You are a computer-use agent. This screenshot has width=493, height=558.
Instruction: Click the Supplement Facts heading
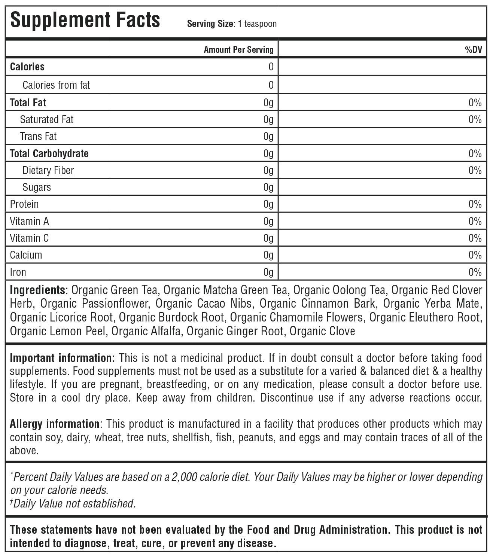click(x=85, y=20)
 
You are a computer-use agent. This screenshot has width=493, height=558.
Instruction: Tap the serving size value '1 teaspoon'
click(x=257, y=24)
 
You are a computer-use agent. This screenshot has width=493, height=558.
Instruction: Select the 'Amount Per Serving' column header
click(x=238, y=50)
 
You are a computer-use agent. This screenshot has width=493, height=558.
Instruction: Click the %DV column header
click(x=473, y=50)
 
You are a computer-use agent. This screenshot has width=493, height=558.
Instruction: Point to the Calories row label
click(x=27, y=67)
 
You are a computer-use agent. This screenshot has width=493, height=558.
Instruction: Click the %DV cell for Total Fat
click(x=475, y=103)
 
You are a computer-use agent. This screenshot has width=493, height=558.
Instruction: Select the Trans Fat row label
click(x=38, y=136)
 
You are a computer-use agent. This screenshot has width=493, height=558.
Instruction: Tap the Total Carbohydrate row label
click(x=49, y=153)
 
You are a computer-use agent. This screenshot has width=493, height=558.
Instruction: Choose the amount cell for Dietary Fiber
click(x=268, y=171)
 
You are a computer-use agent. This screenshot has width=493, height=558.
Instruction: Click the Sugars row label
click(x=37, y=187)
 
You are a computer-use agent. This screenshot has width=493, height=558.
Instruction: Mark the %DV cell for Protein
click(x=475, y=204)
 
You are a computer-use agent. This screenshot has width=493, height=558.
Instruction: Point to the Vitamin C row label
click(x=29, y=238)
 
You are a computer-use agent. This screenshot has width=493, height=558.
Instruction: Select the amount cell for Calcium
click(x=268, y=255)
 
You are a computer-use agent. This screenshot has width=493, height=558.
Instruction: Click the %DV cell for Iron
click(x=475, y=272)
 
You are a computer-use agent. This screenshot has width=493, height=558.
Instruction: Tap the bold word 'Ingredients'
click(x=37, y=290)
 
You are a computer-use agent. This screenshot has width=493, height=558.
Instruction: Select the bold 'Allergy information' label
click(x=55, y=424)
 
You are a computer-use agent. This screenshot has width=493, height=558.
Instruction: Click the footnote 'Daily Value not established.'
click(x=74, y=504)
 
